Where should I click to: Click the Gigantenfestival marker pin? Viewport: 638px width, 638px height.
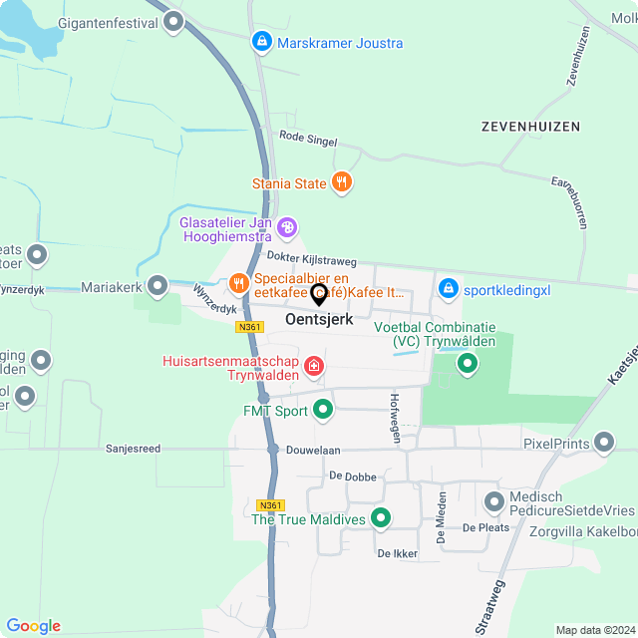pos(174,21)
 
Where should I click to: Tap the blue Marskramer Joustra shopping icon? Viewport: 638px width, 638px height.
pos(261,42)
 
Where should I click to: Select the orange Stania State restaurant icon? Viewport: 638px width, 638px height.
pos(342,182)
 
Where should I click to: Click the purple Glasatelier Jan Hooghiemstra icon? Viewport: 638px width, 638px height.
pos(287,228)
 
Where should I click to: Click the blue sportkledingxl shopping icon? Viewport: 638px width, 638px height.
pos(448,289)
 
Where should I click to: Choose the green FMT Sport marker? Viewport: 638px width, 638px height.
pos(323,409)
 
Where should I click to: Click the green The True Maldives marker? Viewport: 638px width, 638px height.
pos(380,518)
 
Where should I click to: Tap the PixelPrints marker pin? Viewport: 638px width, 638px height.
pos(603,442)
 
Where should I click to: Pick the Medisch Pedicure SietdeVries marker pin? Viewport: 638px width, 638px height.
pos(493,502)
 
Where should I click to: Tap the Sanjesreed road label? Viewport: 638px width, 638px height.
pos(134,449)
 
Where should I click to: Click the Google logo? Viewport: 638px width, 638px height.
pos(33,626)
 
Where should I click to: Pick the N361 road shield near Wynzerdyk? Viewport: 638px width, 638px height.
pos(249,327)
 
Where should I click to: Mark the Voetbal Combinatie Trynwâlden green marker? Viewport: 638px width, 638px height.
pos(468,364)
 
